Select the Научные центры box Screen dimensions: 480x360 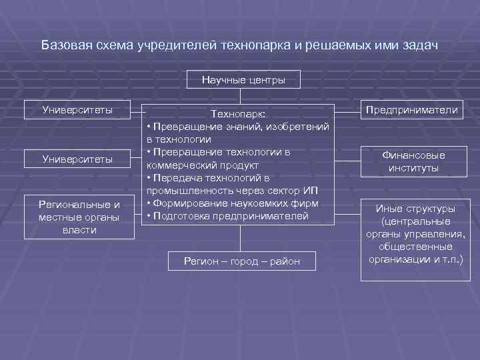243,80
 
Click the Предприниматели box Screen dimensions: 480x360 411,110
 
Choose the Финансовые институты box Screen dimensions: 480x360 413,161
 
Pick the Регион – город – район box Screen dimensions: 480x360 242,261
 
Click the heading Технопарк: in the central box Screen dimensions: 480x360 238,115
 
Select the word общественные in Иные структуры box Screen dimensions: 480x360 413,246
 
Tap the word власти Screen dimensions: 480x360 79,230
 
